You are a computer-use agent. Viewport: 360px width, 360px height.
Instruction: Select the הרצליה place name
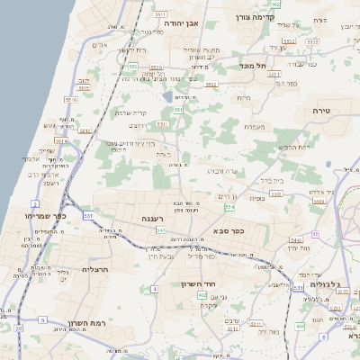click(x=94, y=269)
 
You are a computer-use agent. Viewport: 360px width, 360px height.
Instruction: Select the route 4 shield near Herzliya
click(x=155, y=289)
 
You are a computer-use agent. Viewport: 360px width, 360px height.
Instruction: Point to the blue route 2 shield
click(x=34, y=204)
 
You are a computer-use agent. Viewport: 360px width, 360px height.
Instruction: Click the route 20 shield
click(x=18, y=328)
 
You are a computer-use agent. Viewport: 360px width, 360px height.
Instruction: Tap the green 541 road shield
click(x=159, y=229)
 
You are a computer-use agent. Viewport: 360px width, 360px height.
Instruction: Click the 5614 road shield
click(x=60, y=140)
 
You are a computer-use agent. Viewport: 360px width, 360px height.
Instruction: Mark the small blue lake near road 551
click(x=168, y=94)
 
